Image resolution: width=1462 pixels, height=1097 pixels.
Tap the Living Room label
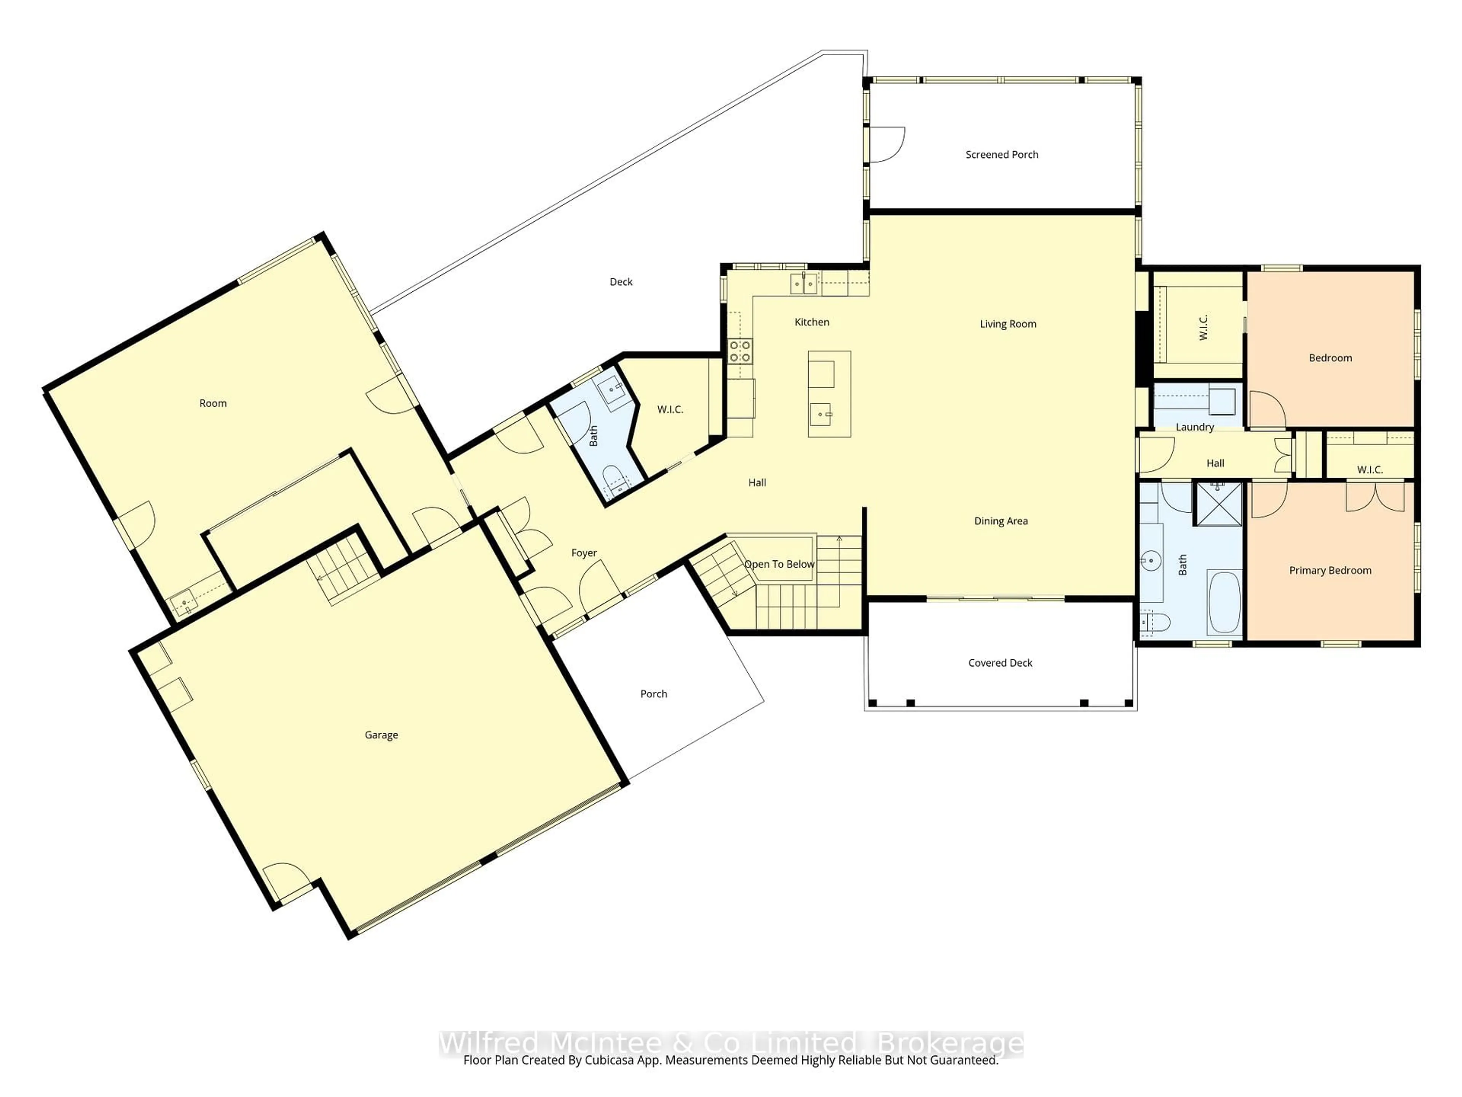[x=1007, y=324]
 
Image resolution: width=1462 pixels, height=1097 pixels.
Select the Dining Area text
[x=1001, y=521]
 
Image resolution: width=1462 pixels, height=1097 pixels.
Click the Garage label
[x=381, y=735]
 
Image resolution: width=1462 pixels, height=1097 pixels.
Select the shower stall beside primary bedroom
[x=1218, y=504]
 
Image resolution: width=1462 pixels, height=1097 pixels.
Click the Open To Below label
[x=779, y=564]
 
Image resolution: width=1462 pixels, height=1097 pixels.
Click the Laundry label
[x=1194, y=427]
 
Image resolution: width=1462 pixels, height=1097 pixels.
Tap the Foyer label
[x=584, y=553]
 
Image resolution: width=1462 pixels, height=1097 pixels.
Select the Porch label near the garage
[x=654, y=694]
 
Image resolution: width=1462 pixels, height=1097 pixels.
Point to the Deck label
[x=621, y=282]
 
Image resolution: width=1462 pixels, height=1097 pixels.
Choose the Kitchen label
[x=812, y=322]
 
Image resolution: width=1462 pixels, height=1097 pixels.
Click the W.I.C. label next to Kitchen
[x=670, y=410]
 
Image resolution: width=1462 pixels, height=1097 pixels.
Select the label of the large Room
[x=213, y=403]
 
